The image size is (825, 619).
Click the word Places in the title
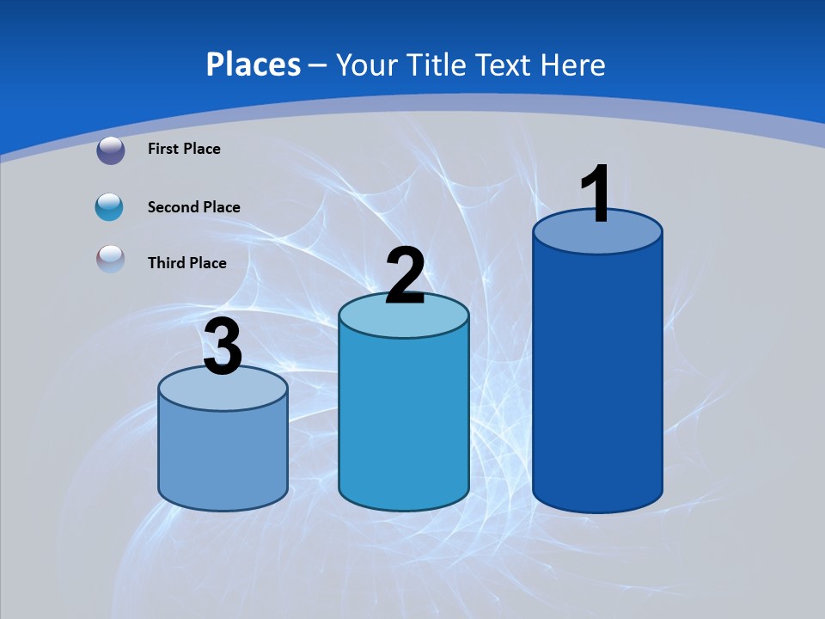(253, 64)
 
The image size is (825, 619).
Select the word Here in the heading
(573, 64)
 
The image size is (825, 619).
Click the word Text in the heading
(504, 64)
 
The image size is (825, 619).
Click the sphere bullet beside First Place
(111, 150)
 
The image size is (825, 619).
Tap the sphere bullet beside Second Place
(110, 206)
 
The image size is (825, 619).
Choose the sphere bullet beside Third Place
(111, 260)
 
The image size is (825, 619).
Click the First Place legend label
(184, 149)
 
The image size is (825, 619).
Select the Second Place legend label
(193, 207)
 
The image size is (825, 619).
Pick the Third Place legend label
(186, 263)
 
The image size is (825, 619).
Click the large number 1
(596, 194)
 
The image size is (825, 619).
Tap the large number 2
(405, 276)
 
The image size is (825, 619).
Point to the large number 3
(223, 347)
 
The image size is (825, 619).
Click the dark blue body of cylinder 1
(597, 378)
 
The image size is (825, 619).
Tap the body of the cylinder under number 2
(404, 421)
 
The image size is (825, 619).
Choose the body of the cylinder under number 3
(223, 456)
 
